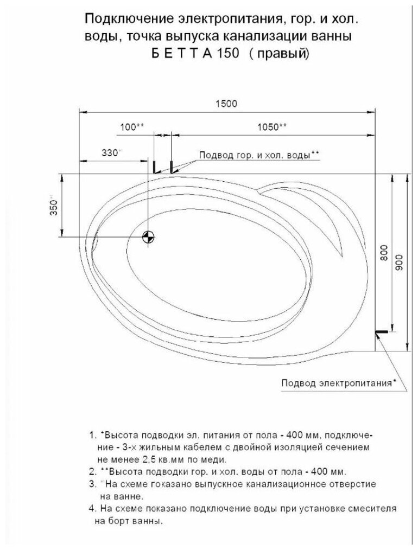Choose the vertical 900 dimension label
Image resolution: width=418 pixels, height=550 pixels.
(x=399, y=263)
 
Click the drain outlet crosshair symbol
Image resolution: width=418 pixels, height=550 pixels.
(x=148, y=236)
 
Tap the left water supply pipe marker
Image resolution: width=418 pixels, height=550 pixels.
(x=154, y=167)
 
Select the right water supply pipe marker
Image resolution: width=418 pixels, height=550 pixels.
(x=171, y=167)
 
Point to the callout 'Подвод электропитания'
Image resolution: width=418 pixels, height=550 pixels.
(x=337, y=383)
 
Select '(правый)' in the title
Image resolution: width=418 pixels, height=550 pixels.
(x=280, y=55)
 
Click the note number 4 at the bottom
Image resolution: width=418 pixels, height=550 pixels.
(x=91, y=510)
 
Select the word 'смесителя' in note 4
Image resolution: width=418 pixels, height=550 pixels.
(x=375, y=510)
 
